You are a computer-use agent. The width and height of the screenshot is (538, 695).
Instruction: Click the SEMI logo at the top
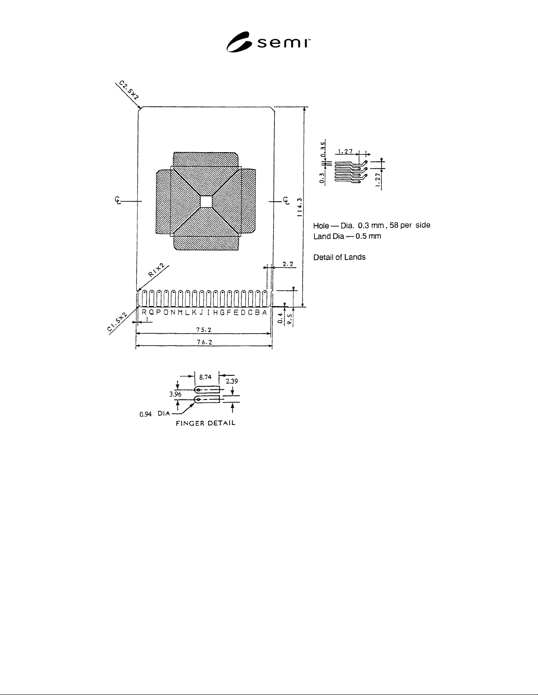[x=268, y=42]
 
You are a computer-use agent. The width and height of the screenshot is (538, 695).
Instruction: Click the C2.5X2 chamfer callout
[x=129, y=90]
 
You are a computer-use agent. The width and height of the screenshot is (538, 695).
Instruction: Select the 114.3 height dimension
[x=300, y=207]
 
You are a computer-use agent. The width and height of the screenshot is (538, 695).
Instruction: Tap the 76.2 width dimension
[x=204, y=342]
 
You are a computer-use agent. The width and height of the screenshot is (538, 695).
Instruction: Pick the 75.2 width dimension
[x=204, y=330]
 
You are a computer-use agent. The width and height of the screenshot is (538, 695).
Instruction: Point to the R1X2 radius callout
[x=156, y=270]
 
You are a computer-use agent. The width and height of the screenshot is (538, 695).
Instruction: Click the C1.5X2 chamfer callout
[x=117, y=321]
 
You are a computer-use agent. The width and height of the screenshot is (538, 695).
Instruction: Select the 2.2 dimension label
[x=288, y=264]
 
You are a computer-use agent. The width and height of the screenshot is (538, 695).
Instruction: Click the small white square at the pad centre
[x=206, y=202]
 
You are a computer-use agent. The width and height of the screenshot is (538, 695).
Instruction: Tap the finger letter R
[x=144, y=313]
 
